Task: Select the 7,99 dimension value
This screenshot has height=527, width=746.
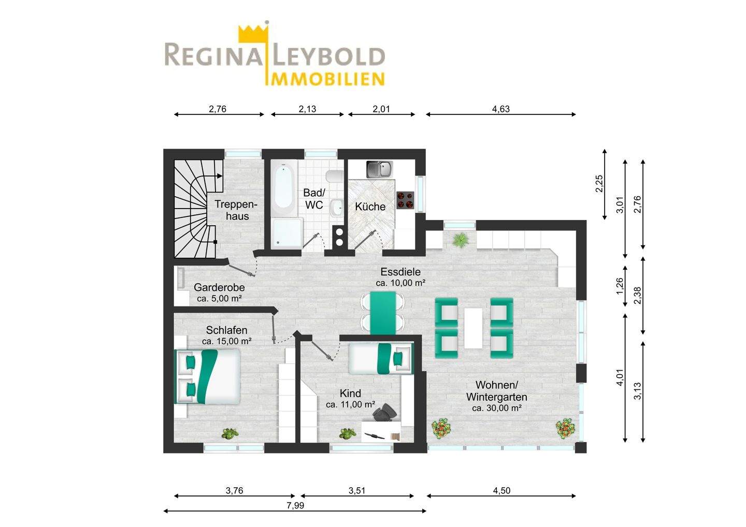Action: click(295, 505)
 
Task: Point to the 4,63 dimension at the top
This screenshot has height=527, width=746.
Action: click(501, 109)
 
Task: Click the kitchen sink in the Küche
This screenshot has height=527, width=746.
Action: click(380, 169)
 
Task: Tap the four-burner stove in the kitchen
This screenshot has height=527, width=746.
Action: click(405, 200)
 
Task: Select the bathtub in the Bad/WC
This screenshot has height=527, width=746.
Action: click(283, 188)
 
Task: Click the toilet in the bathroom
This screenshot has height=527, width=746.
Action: click(334, 177)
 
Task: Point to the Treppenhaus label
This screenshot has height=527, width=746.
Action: click(236, 210)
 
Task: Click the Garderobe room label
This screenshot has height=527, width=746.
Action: click(219, 287)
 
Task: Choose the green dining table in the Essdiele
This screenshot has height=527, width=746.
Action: click(383, 313)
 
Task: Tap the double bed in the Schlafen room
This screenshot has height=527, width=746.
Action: click(207, 376)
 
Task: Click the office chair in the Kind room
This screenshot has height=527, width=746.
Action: click(384, 413)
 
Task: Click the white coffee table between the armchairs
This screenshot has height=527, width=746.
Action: click(474, 328)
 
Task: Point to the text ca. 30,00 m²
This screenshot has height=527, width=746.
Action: click(496, 408)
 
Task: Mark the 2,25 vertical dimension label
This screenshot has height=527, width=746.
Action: click(599, 183)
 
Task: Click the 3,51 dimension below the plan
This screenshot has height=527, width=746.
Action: click(357, 490)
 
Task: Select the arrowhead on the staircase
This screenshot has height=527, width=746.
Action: click(220, 175)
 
